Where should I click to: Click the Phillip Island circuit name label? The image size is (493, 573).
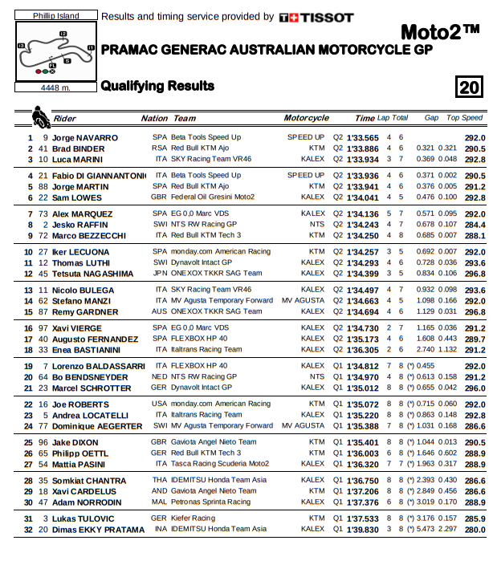(55, 16)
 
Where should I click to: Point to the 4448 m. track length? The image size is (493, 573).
(55, 87)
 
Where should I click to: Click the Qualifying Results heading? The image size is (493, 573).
(157, 86)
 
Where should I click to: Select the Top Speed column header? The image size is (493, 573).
(465, 118)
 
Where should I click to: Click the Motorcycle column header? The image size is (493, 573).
(306, 118)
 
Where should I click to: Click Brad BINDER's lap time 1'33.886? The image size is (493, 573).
(362, 148)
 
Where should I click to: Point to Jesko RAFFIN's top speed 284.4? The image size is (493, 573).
(475, 225)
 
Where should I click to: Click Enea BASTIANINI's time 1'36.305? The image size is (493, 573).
(362, 350)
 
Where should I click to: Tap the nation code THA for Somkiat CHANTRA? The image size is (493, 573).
(159, 481)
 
